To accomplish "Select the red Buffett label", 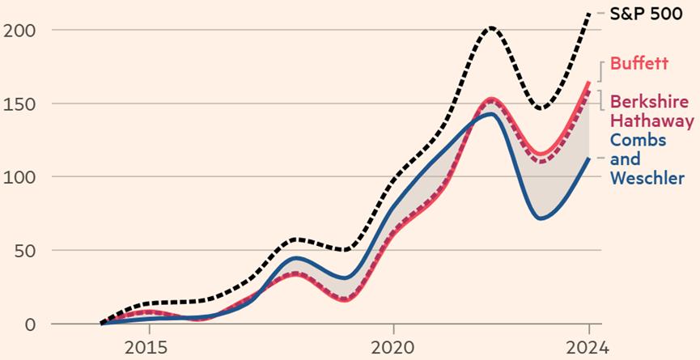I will click(639, 64).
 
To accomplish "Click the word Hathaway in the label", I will click(652, 121).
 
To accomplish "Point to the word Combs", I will click(638, 140).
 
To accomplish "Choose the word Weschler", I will click(647, 178).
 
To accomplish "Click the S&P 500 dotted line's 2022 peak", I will click(490, 28).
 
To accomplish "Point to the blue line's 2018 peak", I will click(298, 258).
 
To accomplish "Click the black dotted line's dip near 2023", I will click(541, 108).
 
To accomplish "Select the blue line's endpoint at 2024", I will click(588, 159).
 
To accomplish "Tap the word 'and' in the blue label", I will click(625, 159).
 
